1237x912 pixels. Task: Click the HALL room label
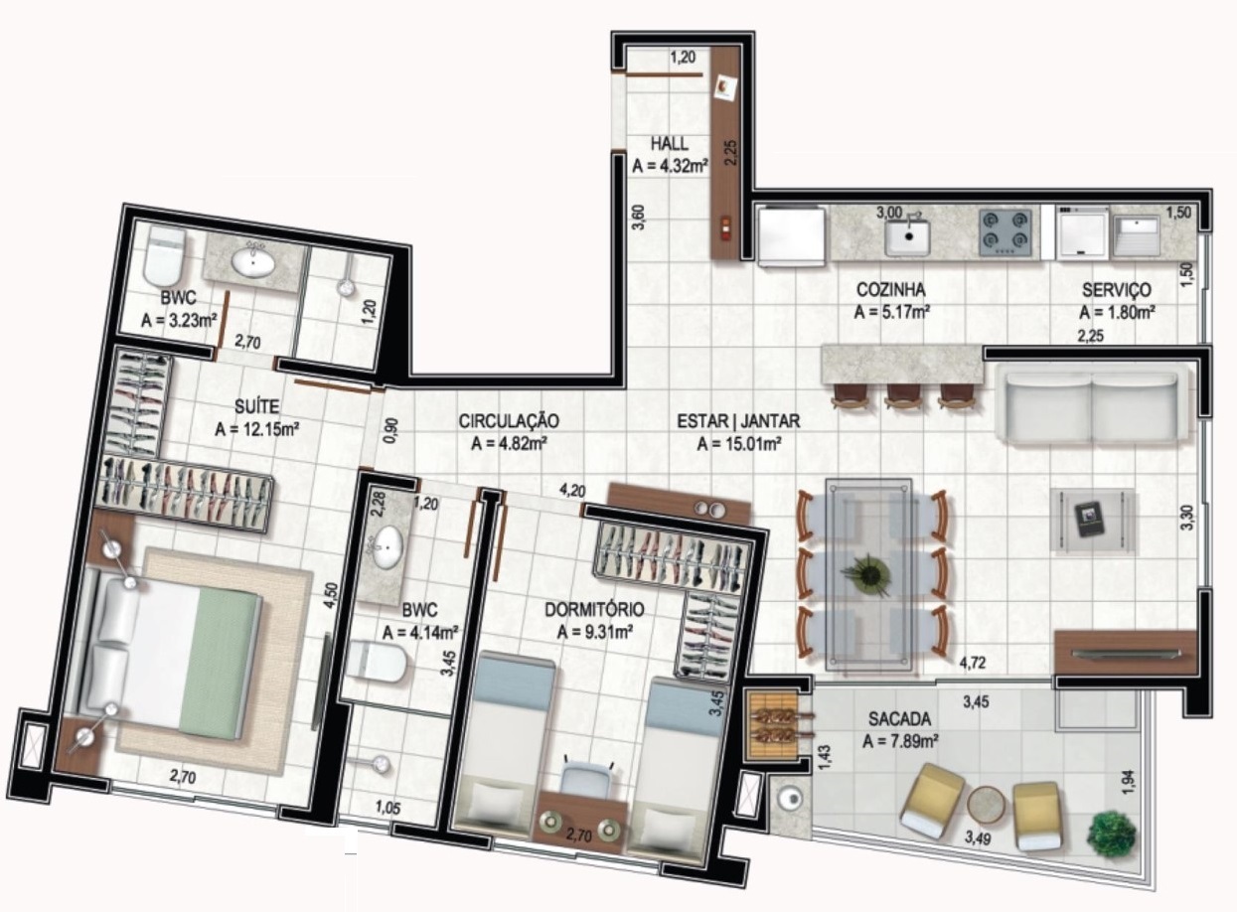pyautogui.click(x=670, y=143)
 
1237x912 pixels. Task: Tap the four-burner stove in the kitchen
pyautogui.click(x=1005, y=233)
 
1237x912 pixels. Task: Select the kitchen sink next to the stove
pyautogui.click(x=908, y=236)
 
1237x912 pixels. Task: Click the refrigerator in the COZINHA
pyautogui.click(x=791, y=235)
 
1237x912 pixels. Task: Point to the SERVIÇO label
pyautogui.click(x=1117, y=290)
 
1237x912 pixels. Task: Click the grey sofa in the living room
pyautogui.click(x=1094, y=405)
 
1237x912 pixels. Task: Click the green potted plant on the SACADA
pyautogui.click(x=1111, y=833)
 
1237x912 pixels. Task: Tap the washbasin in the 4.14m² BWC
pyautogui.click(x=385, y=544)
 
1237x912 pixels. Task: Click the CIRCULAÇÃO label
pyautogui.click(x=509, y=421)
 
